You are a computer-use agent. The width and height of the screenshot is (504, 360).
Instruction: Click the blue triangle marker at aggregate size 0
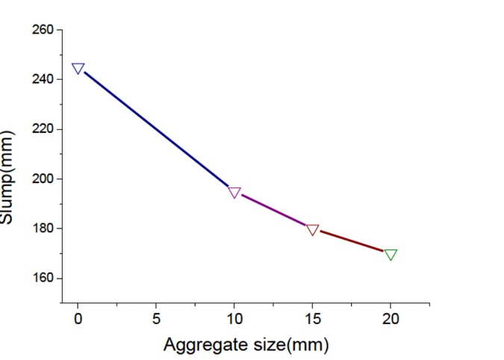pyautogui.click(x=78, y=68)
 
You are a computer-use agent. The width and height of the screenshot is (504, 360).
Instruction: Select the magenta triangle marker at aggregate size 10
pyautogui.click(x=234, y=192)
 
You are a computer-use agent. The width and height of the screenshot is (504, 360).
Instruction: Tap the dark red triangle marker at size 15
pyautogui.click(x=313, y=229)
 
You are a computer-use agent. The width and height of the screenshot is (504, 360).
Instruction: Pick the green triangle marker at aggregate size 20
pyautogui.click(x=391, y=254)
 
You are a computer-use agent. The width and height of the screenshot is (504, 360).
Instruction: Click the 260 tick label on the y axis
pyautogui.click(x=43, y=30)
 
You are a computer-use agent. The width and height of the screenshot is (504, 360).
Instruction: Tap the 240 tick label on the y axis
pyautogui.click(x=43, y=79)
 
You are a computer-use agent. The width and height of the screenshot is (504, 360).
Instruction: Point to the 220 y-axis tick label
pyautogui.click(x=43, y=129)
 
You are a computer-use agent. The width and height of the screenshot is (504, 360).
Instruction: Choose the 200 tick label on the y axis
pyautogui.click(x=43, y=179)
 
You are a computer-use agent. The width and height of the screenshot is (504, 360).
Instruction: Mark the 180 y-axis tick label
pyautogui.click(x=43, y=229)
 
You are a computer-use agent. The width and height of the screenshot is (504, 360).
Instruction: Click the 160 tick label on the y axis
pyautogui.click(x=43, y=278)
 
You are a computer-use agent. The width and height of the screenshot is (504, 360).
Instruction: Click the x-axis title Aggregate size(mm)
pyautogui.click(x=246, y=344)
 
